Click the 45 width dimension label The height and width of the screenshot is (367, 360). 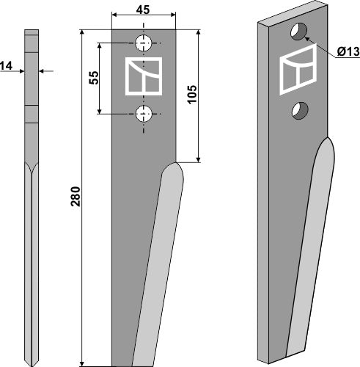pyautogui.click(x=144, y=10)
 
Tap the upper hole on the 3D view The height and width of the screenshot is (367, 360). pyautogui.click(x=298, y=32)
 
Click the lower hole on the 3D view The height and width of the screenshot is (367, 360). pyautogui.click(x=298, y=110)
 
